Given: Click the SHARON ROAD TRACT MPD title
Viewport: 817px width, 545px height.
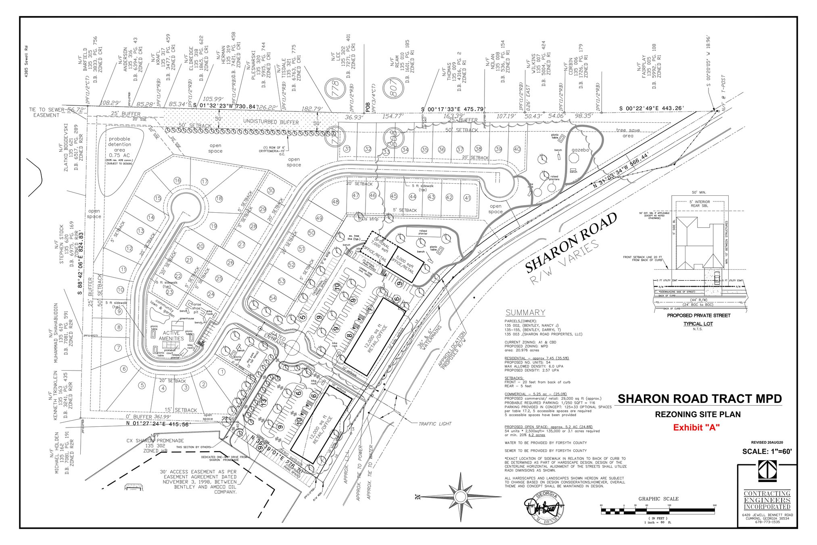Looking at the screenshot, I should pyautogui.click(x=700, y=399).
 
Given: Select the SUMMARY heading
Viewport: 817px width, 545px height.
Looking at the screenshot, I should pyautogui.click(x=525, y=312).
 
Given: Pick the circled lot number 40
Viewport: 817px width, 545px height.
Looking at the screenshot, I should pyautogui.click(x=517, y=149).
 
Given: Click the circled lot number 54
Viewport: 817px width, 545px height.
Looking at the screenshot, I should pyautogui.click(x=273, y=298).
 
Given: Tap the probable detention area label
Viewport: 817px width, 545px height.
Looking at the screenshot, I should pyautogui.click(x=119, y=145).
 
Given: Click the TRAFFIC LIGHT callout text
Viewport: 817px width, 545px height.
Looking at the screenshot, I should pyautogui.click(x=435, y=423).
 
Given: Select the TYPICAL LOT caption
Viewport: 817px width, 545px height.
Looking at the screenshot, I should pyautogui.click(x=698, y=324).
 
